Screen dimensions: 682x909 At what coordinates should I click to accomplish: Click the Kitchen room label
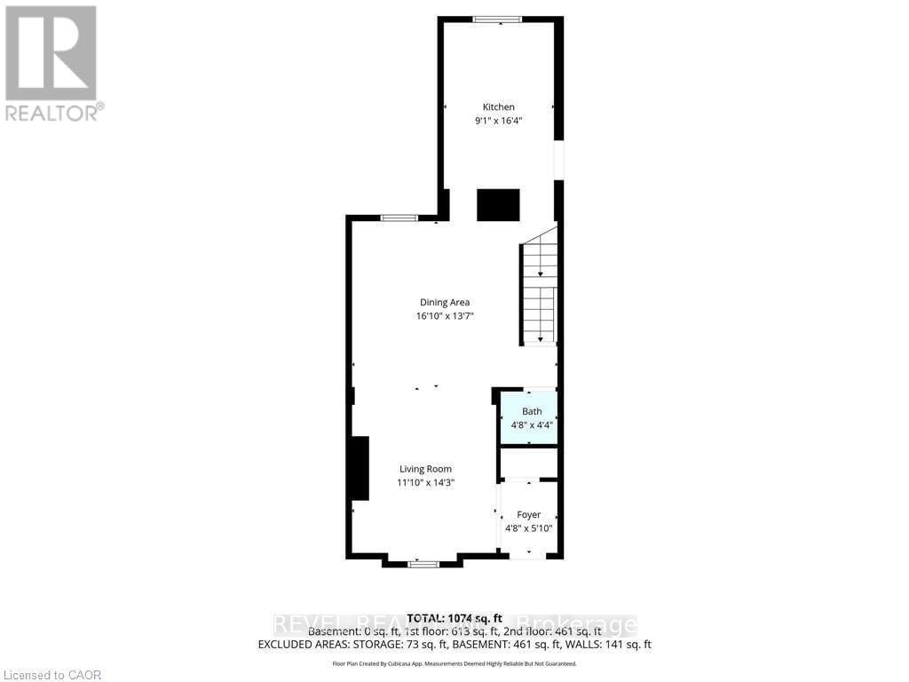(498, 107)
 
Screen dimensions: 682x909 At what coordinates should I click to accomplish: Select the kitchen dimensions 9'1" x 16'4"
(498, 121)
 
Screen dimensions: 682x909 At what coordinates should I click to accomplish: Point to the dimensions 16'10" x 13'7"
(445, 316)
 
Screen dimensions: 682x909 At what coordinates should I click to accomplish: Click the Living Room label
(425, 470)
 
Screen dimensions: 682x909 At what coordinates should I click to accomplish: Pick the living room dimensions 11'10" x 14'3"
(425, 483)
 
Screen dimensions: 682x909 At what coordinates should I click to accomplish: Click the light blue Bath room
(529, 417)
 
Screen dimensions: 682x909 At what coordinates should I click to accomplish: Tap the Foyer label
(529, 515)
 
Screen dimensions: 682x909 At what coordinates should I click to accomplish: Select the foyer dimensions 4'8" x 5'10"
(529, 528)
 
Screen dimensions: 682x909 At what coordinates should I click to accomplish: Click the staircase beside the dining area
(539, 293)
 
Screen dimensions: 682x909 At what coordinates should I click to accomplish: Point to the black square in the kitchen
(498, 205)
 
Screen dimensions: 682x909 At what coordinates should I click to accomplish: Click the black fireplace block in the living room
(359, 468)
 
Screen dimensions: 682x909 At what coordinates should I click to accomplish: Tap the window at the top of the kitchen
(497, 19)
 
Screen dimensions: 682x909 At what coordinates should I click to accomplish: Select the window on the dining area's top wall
(399, 218)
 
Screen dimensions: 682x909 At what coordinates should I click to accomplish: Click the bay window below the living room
(423, 563)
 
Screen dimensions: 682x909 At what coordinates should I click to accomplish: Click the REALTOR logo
(51, 62)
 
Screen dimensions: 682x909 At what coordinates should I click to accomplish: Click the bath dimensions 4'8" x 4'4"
(532, 425)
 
